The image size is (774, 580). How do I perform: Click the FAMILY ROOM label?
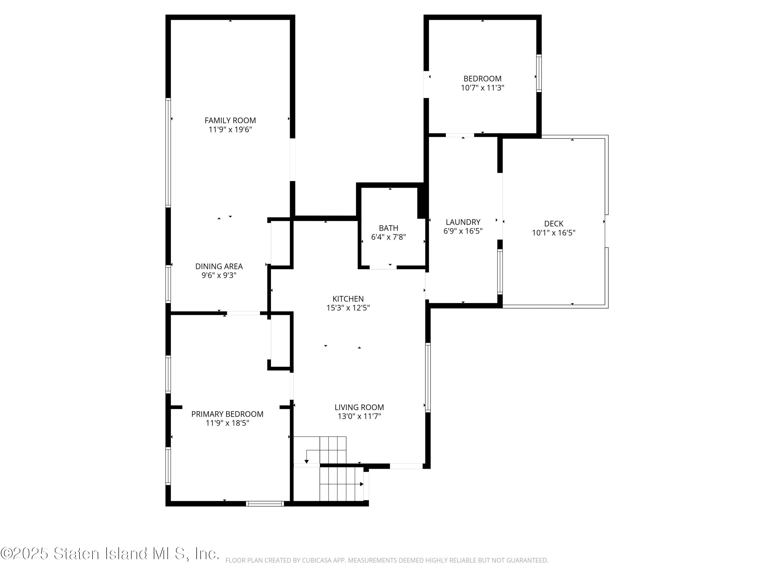(230, 121)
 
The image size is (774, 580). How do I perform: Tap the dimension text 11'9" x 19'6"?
(230, 130)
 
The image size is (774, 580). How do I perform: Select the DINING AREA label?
(219, 266)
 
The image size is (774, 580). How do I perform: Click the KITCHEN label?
(348, 299)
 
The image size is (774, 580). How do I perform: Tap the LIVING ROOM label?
(359, 407)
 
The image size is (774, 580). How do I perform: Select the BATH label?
(388, 228)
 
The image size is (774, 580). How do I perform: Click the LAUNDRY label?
(463, 222)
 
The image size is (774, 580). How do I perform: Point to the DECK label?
(554, 223)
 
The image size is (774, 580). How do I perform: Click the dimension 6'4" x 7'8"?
(388, 237)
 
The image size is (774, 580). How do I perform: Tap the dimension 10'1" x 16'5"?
(554, 233)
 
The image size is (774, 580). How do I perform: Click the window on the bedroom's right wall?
(539, 73)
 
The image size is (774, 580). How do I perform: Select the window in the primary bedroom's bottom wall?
(264, 503)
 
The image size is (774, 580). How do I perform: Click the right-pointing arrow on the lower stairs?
(361, 484)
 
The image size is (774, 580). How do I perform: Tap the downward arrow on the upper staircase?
(307, 461)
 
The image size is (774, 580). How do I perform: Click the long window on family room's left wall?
(168, 153)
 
